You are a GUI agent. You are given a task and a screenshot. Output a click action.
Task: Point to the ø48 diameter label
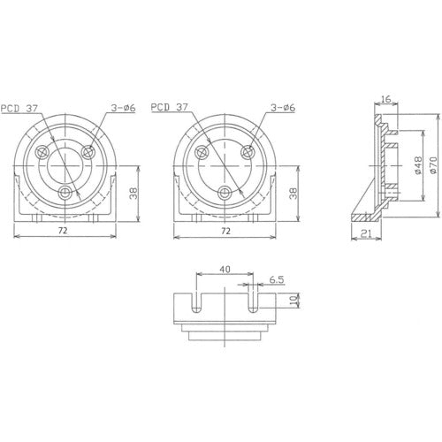pyautogui.click(x=415, y=166)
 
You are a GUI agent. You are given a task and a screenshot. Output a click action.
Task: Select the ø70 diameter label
pyautogui.click(x=432, y=166)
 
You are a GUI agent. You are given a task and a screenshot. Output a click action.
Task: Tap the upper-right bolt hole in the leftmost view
pyautogui.click(x=88, y=152)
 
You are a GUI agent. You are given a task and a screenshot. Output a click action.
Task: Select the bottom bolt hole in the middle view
pyautogui.click(x=225, y=191)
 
